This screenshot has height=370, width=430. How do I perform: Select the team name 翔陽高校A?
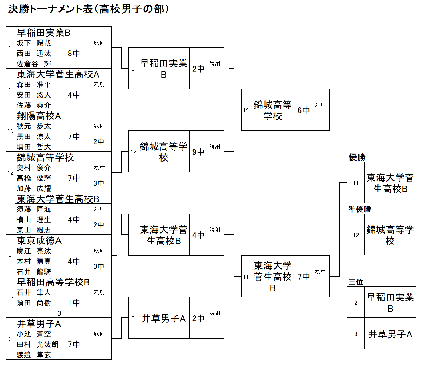click(39, 116)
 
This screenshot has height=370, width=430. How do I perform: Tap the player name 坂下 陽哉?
click(34, 43)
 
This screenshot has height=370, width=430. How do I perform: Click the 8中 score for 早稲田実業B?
click(74, 53)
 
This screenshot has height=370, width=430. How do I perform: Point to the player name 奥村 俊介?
click(34, 168)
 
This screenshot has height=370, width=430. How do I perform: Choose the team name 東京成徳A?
click(39, 240)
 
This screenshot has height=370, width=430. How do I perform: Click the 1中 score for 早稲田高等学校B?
click(74, 303)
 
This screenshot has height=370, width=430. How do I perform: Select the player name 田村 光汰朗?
click(37, 344)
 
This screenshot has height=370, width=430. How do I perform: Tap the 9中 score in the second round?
click(198, 152)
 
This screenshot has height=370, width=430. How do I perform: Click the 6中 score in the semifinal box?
click(304, 110)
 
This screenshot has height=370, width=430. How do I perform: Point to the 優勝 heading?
click(357, 157)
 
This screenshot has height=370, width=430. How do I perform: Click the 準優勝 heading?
click(360, 209)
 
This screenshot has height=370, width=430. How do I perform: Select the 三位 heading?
click(356, 282)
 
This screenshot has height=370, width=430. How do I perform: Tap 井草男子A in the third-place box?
click(390, 334)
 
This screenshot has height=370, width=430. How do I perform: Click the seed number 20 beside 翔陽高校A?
click(10, 131)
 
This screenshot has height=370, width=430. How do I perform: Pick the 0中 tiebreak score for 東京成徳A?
click(98, 266)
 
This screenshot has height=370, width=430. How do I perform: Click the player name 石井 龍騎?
click(34, 272)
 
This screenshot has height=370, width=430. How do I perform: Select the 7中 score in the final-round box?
click(304, 276)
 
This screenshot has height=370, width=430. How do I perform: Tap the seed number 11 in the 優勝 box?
click(356, 183)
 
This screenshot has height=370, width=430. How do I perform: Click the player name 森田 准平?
click(34, 85)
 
